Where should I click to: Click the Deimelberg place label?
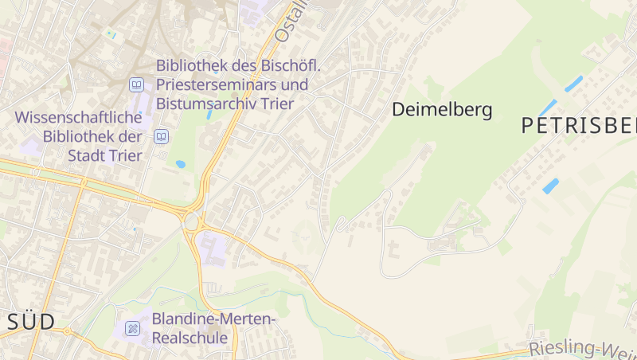(x=442, y=110)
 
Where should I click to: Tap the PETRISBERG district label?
(x=580, y=125)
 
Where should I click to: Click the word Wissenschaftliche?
(x=79, y=117)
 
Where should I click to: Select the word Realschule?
(x=190, y=338)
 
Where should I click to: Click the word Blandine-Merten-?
(x=213, y=319)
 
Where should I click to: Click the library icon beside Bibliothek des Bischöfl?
(x=137, y=84)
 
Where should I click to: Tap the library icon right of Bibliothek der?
(x=162, y=136)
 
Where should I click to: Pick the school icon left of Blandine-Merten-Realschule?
(x=132, y=328)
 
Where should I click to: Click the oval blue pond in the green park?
(x=181, y=164)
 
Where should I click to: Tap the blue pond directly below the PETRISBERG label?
(x=550, y=186)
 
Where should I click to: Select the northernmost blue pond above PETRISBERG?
(x=573, y=84)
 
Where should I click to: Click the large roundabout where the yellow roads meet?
(x=192, y=220)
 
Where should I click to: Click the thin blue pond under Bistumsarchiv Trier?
(x=209, y=115)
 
